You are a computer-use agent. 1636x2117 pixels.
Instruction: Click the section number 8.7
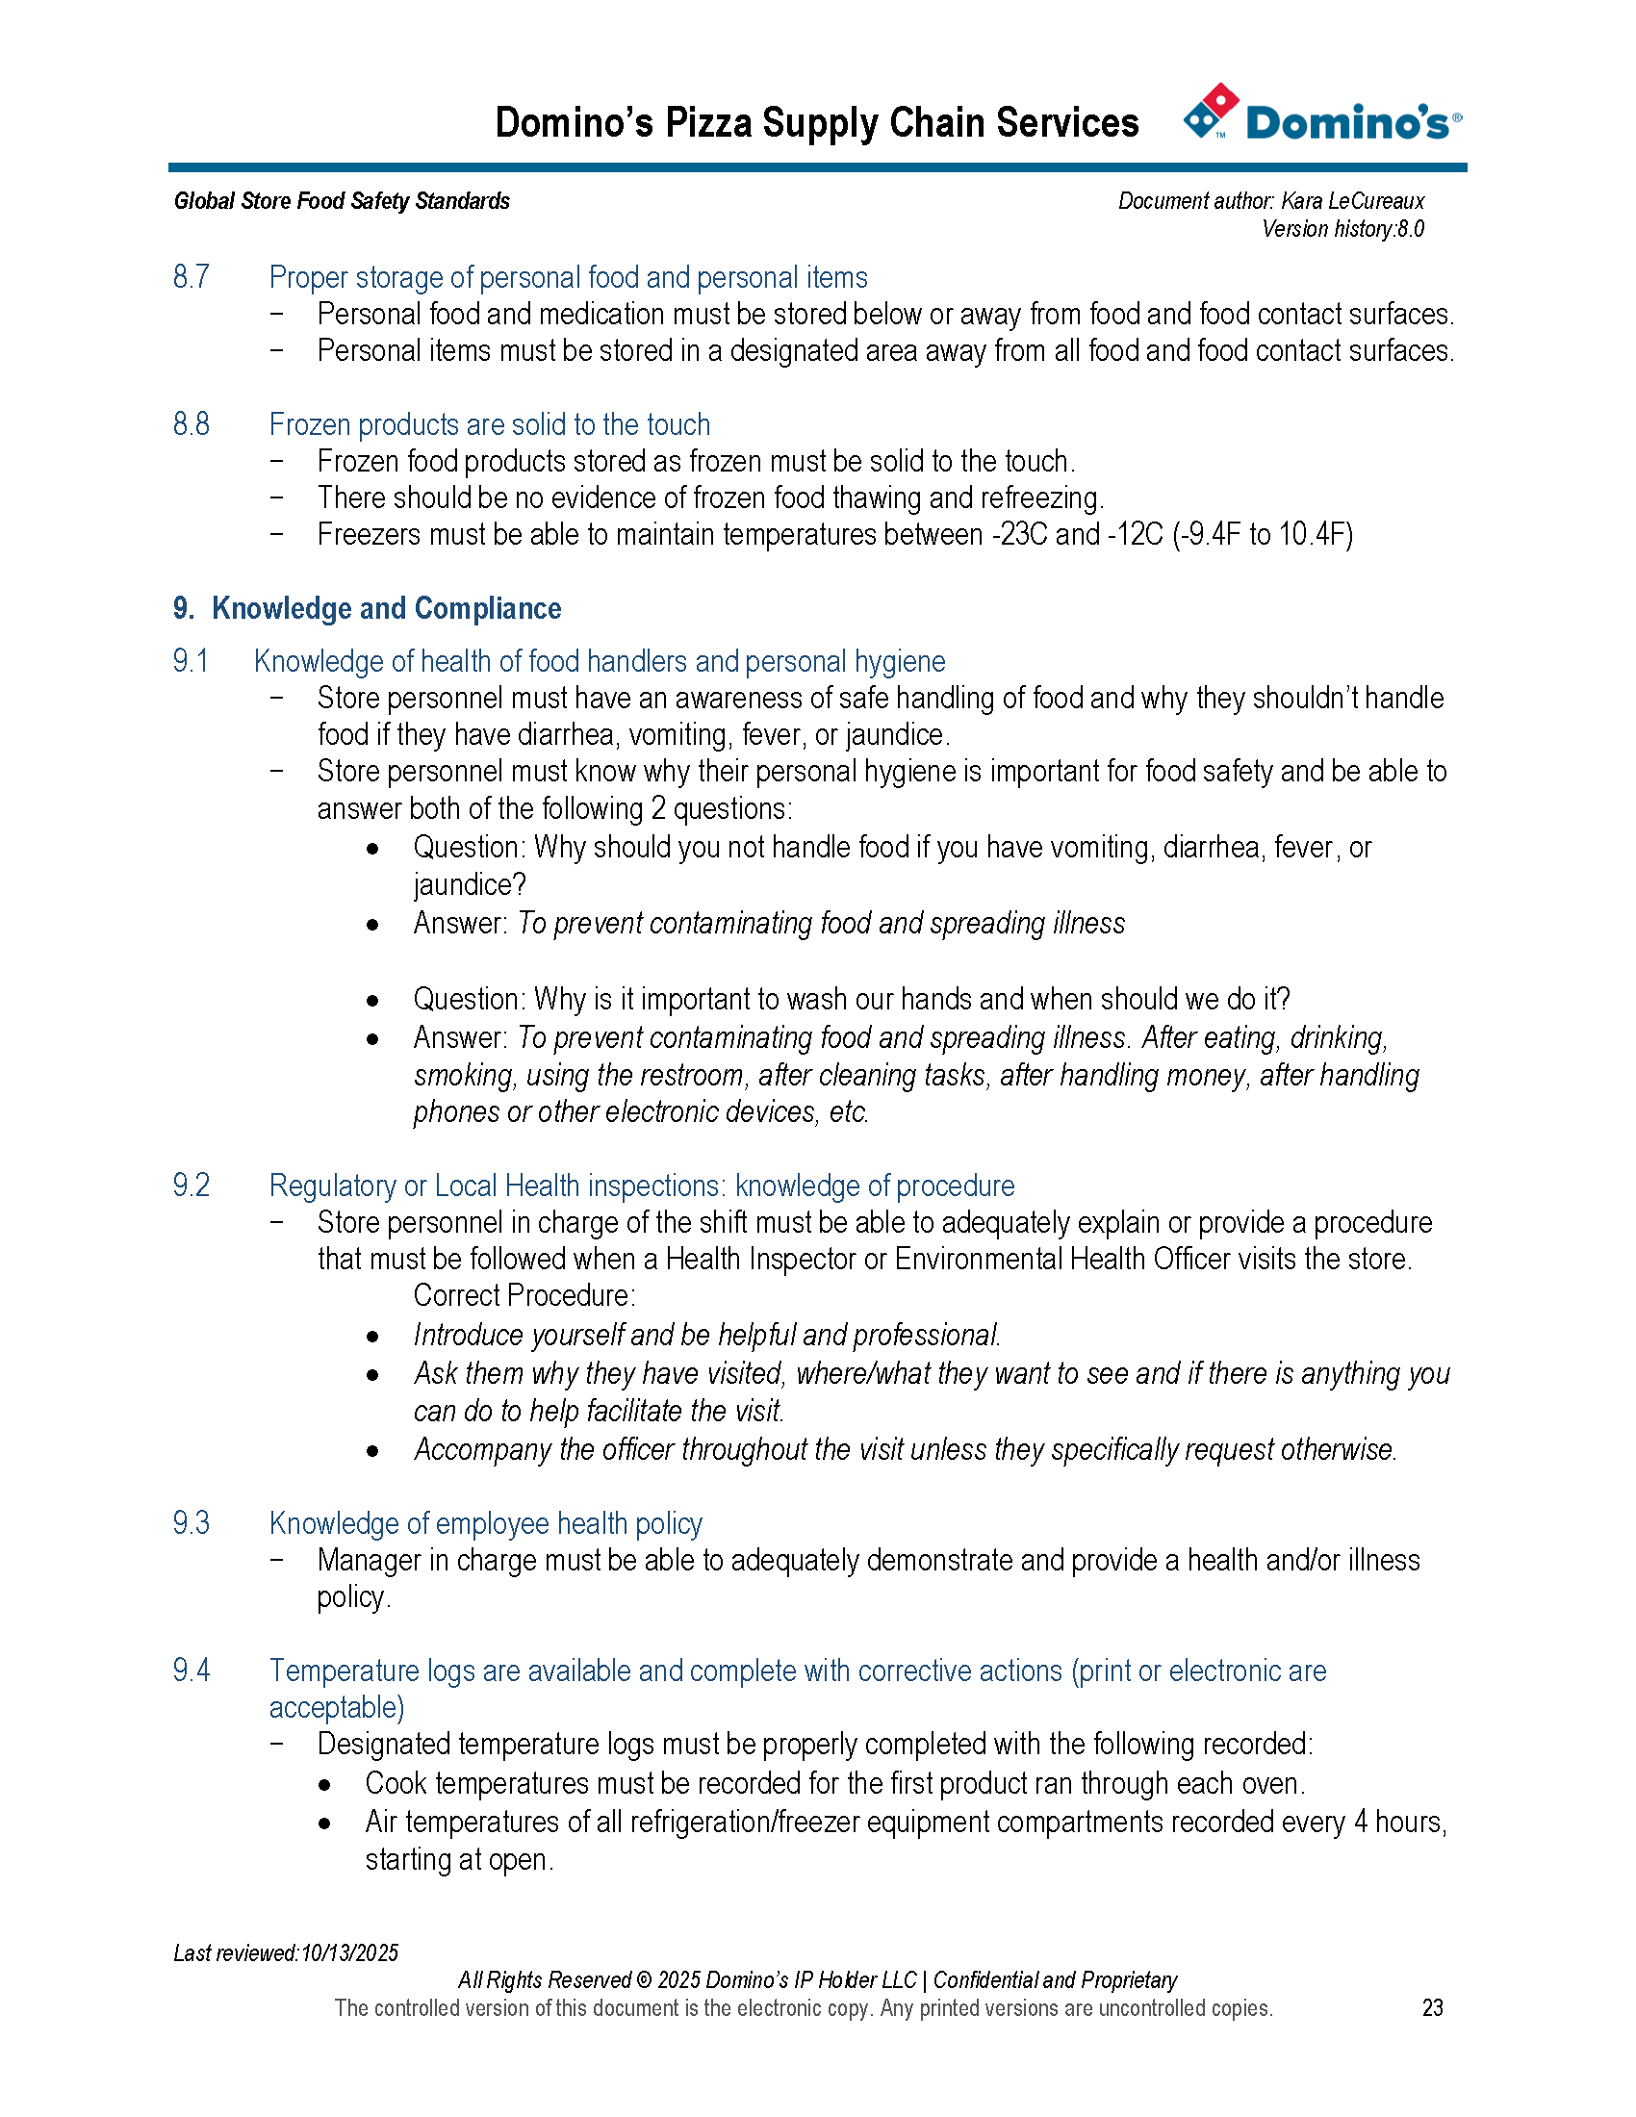(x=191, y=277)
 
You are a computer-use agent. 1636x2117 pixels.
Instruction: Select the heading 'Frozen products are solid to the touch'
(x=490, y=424)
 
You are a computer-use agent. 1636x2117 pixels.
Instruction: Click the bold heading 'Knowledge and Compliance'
(x=386, y=609)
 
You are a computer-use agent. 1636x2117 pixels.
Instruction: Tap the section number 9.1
(x=191, y=661)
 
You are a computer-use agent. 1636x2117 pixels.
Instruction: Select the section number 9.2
(x=191, y=1186)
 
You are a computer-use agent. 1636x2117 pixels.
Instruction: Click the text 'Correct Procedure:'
(x=524, y=1296)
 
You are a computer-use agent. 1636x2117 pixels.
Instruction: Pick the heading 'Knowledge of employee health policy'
(x=486, y=1524)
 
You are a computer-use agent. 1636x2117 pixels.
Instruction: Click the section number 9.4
(x=191, y=1671)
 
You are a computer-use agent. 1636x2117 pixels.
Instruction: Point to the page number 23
(x=1433, y=2007)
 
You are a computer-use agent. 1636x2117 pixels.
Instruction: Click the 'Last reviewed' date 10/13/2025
(x=349, y=1952)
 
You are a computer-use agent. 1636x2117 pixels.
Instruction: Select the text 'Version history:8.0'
(x=1342, y=229)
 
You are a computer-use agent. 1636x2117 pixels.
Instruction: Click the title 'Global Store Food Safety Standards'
(x=343, y=201)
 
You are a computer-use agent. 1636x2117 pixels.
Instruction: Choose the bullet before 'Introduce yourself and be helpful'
(x=373, y=1337)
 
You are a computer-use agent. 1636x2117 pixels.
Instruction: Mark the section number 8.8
(x=191, y=424)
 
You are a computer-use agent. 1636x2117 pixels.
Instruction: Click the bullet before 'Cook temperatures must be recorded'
(x=324, y=1784)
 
